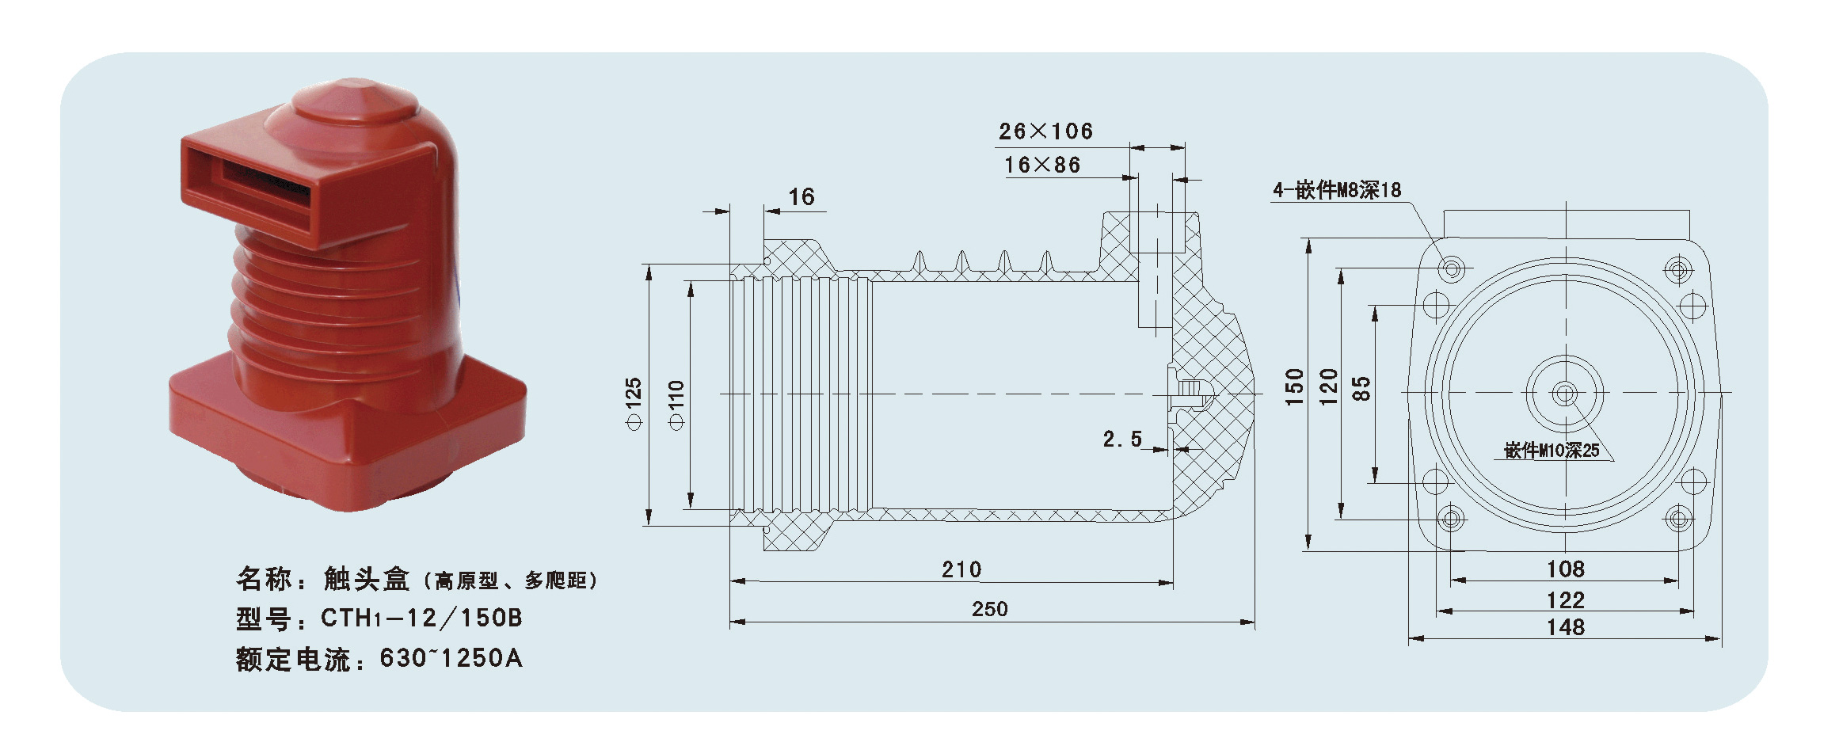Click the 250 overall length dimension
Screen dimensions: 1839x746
point(989,609)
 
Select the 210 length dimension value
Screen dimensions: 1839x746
point(961,569)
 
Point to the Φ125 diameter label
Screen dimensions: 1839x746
point(634,404)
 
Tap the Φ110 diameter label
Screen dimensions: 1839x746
point(676,405)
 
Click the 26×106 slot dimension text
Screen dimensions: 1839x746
point(1045,131)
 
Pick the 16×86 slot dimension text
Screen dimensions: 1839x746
point(1042,165)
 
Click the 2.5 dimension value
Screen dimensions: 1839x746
point(1122,440)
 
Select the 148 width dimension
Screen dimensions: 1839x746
point(1565,627)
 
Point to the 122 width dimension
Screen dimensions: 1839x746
point(1565,600)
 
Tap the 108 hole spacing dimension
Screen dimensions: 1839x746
point(1565,569)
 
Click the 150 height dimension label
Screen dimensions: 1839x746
point(1294,387)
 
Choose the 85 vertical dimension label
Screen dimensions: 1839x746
point(1361,389)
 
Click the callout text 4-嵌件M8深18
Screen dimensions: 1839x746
point(1337,190)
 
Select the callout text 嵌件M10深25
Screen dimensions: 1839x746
point(1552,451)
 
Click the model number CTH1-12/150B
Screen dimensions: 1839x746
point(421,618)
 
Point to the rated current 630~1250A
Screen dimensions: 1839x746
point(451,658)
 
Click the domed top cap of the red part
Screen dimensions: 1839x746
point(355,101)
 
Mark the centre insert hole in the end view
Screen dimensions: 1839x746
point(1564,393)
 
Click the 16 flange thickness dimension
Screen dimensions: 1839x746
point(801,197)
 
